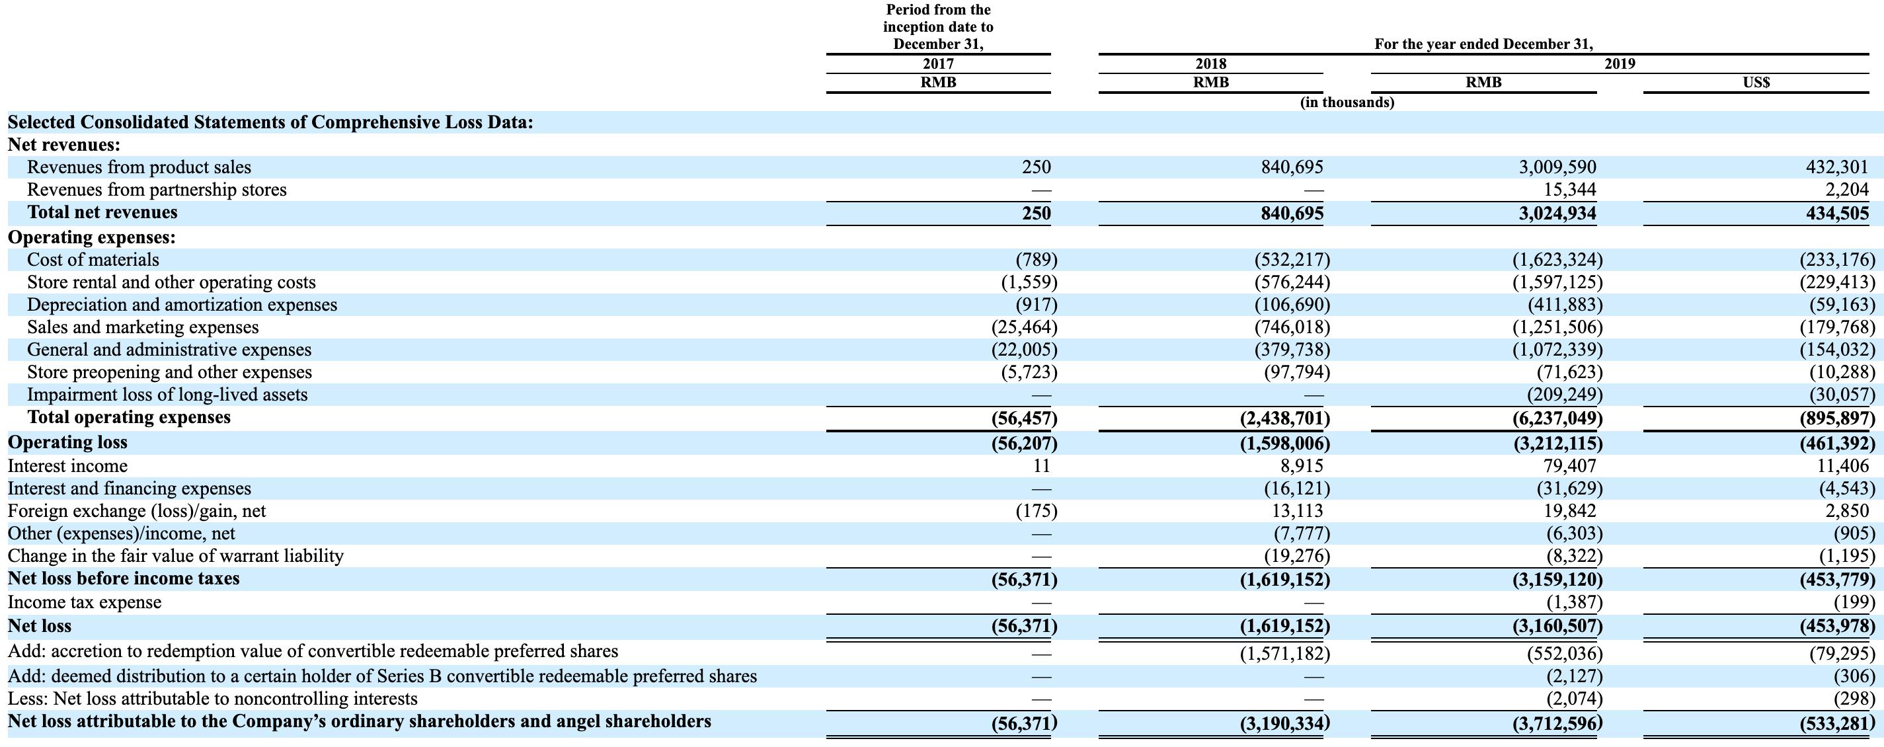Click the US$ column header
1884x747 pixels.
point(1756,83)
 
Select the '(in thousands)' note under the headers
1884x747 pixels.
point(1347,102)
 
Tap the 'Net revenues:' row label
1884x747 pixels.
point(63,145)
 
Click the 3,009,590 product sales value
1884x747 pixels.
point(1557,167)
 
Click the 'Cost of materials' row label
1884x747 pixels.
point(93,260)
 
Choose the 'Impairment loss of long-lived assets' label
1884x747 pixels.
point(167,395)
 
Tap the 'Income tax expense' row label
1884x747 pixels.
point(84,602)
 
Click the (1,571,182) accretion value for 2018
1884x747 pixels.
point(1284,652)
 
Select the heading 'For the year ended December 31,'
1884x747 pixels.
point(1483,44)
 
